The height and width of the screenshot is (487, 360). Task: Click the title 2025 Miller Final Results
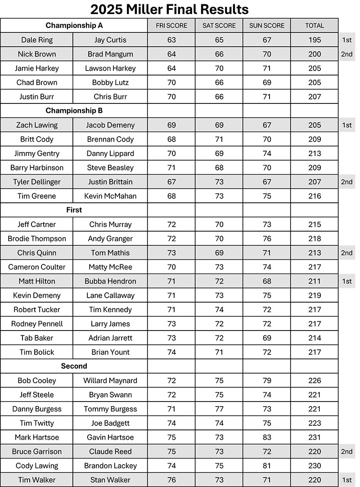tap(170, 9)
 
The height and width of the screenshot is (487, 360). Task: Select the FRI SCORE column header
tap(171, 26)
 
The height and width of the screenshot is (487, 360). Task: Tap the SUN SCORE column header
tap(267, 26)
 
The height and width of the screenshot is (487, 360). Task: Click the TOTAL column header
tap(315, 26)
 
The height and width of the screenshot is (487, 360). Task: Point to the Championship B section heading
tap(74, 111)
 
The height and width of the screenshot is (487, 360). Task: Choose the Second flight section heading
tap(74, 366)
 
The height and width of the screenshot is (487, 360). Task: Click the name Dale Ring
tap(37, 40)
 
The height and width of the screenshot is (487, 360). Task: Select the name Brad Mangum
tap(110, 54)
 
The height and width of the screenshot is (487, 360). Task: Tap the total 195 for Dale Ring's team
tap(315, 40)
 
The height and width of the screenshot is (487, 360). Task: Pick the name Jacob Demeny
tap(110, 125)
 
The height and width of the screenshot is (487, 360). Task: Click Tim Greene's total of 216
tap(315, 196)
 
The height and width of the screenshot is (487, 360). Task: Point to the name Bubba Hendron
tap(110, 281)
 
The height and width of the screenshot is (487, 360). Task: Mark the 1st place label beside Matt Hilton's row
tap(346, 281)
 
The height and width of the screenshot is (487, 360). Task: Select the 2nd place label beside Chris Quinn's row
tap(346, 253)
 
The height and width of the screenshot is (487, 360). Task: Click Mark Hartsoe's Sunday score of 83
tap(267, 437)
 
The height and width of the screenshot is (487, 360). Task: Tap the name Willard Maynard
tap(110, 380)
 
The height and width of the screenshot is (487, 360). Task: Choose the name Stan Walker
tap(110, 480)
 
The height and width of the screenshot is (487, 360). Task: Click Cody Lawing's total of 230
tap(315, 465)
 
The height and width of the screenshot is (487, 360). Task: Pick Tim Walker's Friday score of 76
tap(171, 480)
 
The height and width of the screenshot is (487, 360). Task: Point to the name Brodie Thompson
tap(37, 239)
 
